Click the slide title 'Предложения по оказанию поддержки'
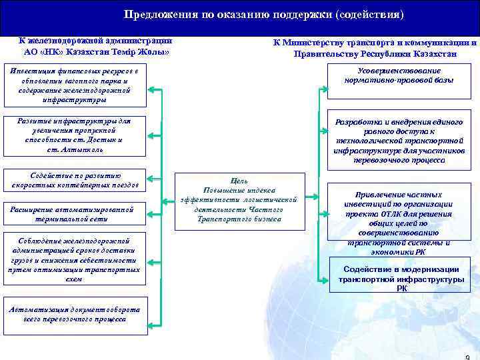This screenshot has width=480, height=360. (264, 15)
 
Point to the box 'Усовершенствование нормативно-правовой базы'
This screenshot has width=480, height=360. (399, 75)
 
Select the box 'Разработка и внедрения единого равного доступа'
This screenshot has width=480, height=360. (399, 141)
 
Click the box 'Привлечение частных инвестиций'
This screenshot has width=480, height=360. (399, 217)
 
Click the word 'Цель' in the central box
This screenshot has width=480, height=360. (239, 181)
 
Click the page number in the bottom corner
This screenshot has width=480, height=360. (467, 356)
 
